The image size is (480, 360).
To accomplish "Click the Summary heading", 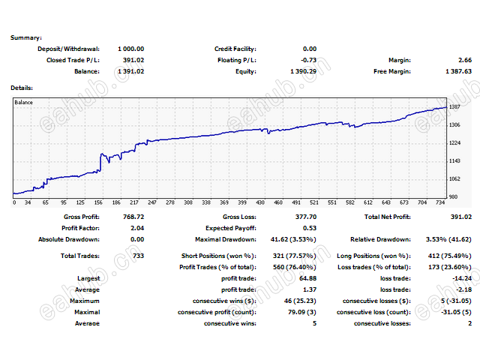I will [x=26, y=37].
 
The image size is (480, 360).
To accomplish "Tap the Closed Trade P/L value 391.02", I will [x=133, y=60].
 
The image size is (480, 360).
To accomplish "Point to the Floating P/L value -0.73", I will [x=307, y=60].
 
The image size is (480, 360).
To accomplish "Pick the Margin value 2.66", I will [x=464, y=60].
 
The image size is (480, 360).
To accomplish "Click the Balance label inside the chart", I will [x=24, y=102].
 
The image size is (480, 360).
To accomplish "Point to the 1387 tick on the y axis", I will [x=454, y=107].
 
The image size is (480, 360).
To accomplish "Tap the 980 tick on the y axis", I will [x=453, y=197].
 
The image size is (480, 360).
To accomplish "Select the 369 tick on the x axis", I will [x=223, y=202].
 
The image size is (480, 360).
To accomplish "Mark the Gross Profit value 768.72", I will [x=132, y=217].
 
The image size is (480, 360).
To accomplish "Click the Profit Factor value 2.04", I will [x=136, y=228].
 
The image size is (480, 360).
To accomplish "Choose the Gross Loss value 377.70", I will [x=303, y=217].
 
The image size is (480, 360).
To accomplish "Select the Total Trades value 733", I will [x=137, y=256].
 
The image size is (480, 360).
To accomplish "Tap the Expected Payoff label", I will [x=230, y=228].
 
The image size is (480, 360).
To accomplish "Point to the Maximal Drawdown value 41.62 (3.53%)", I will [x=292, y=239].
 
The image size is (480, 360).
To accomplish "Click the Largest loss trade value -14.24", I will [x=461, y=278].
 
